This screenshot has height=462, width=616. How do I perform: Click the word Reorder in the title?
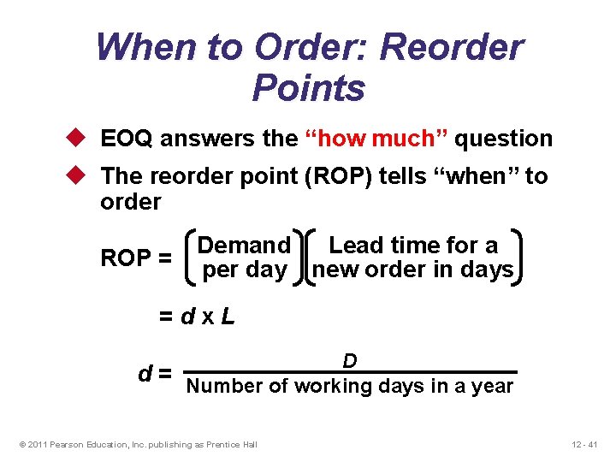452,47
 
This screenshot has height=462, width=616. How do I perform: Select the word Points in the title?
309,87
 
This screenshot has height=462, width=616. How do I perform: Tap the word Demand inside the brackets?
245,246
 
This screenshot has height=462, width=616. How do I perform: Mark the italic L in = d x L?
227,317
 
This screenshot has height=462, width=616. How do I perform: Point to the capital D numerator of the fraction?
350,361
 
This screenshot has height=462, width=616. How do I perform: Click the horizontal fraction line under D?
351,372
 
